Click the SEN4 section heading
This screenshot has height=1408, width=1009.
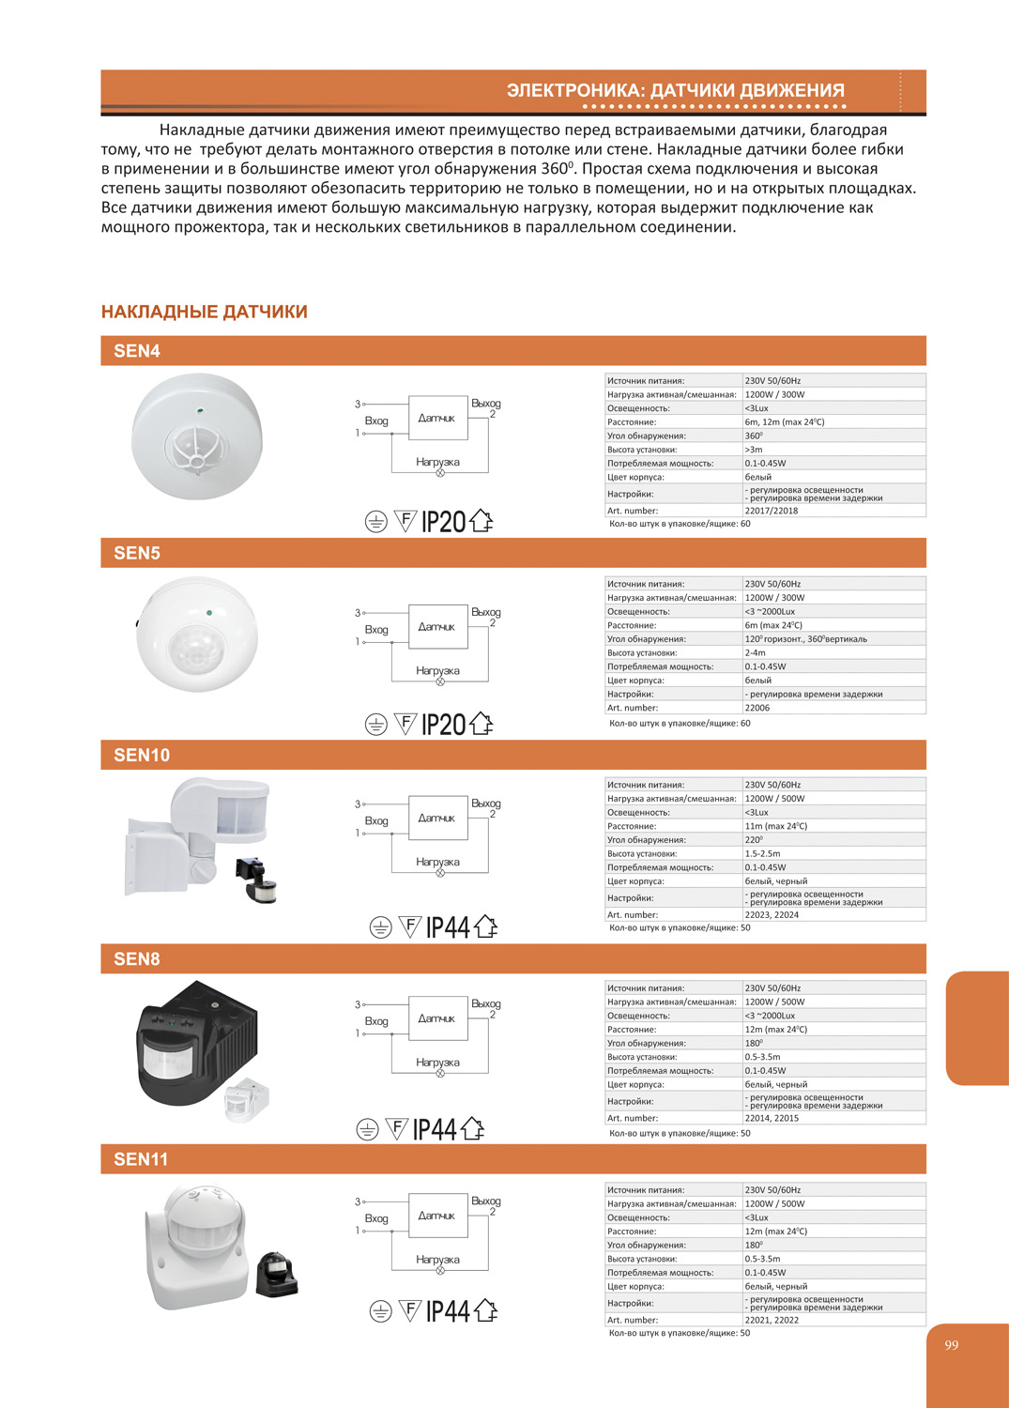click(x=137, y=351)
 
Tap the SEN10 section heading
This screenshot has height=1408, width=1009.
click(x=142, y=756)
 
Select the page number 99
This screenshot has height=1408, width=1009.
click(x=952, y=1345)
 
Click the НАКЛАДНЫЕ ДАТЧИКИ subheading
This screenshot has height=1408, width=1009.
click(x=204, y=312)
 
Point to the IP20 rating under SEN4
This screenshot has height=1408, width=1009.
click(x=444, y=522)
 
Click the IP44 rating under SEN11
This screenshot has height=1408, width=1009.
click(x=448, y=1311)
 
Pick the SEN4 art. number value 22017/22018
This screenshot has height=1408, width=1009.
click(x=771, y=511)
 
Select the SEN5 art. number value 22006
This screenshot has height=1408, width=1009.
click(x=757, y=708)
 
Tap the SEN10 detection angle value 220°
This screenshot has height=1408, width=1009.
click(x=754, y=840)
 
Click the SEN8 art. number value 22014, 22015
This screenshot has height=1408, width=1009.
click(x=772, y=1118)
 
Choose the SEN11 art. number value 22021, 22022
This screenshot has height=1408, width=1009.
click(x=772, y=1320)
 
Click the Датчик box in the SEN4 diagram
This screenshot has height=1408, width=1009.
click(x=437, y=419)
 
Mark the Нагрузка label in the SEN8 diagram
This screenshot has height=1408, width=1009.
click(x=437, y=1063)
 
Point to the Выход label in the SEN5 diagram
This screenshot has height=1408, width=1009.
click(x=486, y=612)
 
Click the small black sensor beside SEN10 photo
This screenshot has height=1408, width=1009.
click(x=256, y=880)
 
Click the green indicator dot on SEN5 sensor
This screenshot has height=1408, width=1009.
click(x=208, y=613)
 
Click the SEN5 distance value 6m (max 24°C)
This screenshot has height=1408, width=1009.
click(x=773, y=625)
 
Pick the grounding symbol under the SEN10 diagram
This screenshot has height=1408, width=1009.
click(x=380, y=927)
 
